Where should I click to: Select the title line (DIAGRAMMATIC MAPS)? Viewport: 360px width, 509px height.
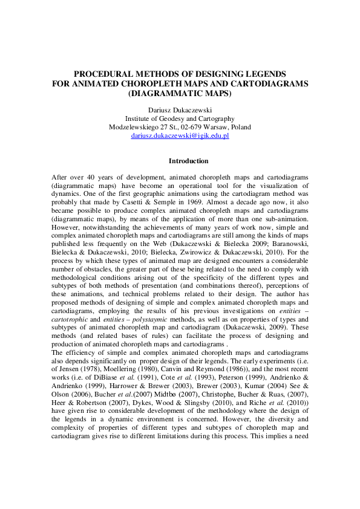point(180,94)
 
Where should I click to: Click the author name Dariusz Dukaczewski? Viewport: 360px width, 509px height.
point(180,110)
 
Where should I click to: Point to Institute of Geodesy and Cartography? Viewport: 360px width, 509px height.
point(180,118)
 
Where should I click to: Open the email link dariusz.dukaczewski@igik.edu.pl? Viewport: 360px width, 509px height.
point(180,136)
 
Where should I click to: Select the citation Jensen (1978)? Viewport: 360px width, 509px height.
point(77,362)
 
